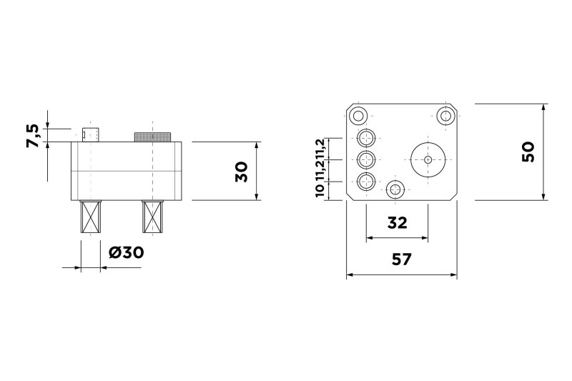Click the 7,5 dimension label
[33, 136]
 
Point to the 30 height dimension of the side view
[241, 172]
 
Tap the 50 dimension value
[528, 152]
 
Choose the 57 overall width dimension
[402, 259]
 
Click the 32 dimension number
[398, 222]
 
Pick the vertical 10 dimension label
[319, 189]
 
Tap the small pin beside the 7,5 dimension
[90, 134]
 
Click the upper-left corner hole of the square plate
[359, 114]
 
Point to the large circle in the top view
[428, 159]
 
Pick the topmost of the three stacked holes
[367, 139]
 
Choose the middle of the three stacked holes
[367, 159]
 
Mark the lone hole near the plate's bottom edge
[395, 189]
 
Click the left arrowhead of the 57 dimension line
[350, 274]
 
